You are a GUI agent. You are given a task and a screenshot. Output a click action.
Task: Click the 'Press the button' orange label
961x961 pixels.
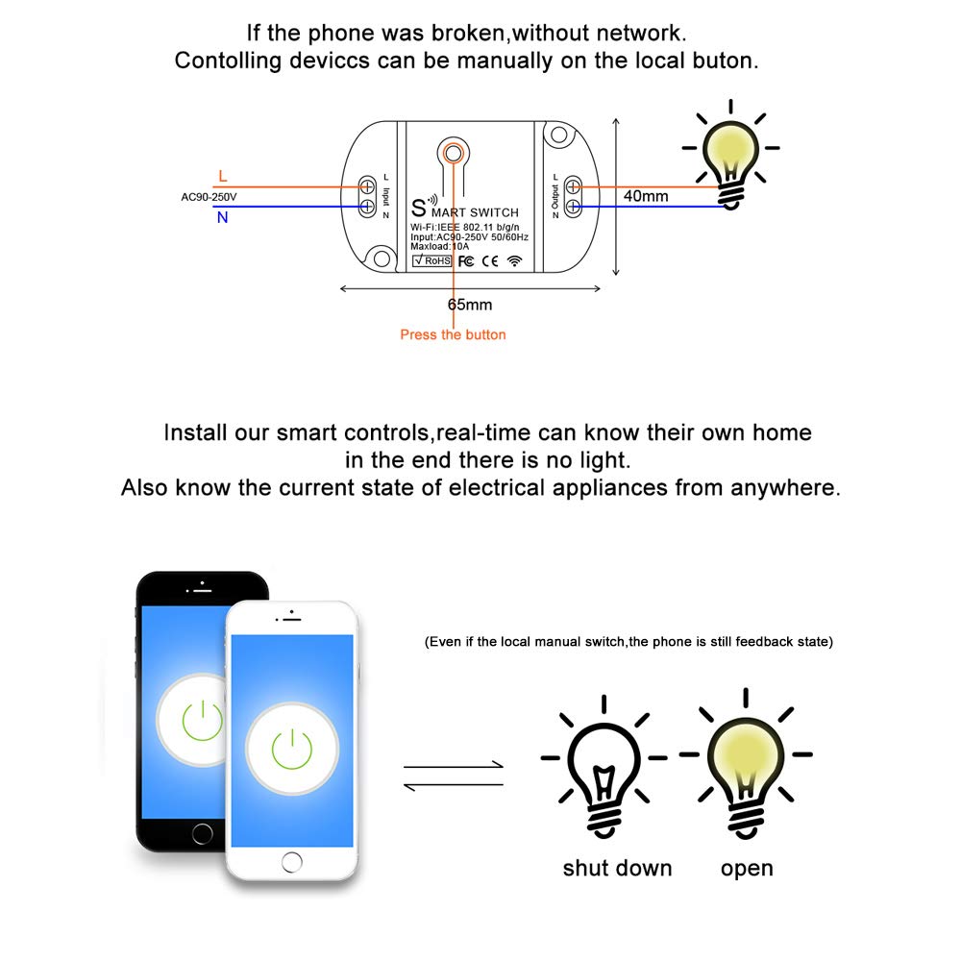click(453, 334)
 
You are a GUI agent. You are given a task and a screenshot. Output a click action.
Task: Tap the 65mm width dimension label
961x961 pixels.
click(470, 305)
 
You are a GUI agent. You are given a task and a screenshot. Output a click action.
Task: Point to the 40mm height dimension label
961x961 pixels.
click(646, 196)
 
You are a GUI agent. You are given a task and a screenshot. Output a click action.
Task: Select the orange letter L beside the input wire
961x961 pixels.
click(223, 176)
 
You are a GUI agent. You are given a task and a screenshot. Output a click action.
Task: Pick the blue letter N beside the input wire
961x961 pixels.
click(223, 217)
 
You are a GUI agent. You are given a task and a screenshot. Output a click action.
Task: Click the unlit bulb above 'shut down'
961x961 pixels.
click(604, 769)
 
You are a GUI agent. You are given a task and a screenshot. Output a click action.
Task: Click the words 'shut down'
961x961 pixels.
click(617, 869)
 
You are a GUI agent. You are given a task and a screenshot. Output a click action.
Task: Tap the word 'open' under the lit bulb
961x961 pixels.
click(747, 869)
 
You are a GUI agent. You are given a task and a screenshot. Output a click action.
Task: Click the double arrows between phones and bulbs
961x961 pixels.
click(453, 776)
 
